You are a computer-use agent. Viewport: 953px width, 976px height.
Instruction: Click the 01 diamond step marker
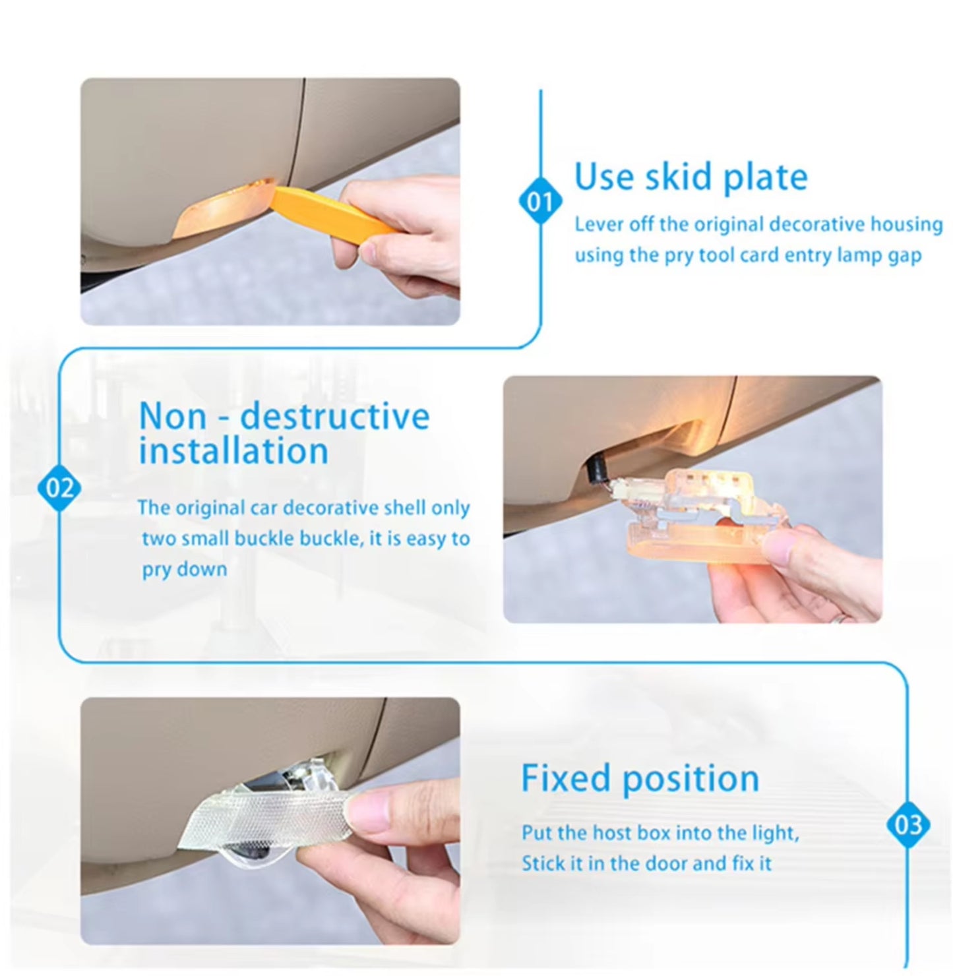540,202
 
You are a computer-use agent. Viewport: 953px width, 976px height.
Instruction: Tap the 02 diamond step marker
59,487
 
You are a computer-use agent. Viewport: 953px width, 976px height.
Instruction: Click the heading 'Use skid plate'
691,177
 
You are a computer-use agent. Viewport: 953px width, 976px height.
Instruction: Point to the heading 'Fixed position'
640,778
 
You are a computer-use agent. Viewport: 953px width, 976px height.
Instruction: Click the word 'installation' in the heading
233,451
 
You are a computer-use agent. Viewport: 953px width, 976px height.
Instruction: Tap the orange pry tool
331,214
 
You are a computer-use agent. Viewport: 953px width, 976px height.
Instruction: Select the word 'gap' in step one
907,256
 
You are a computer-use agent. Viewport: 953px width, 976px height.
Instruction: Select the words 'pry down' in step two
185,569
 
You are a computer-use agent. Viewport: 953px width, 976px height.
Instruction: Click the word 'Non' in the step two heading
173,415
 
